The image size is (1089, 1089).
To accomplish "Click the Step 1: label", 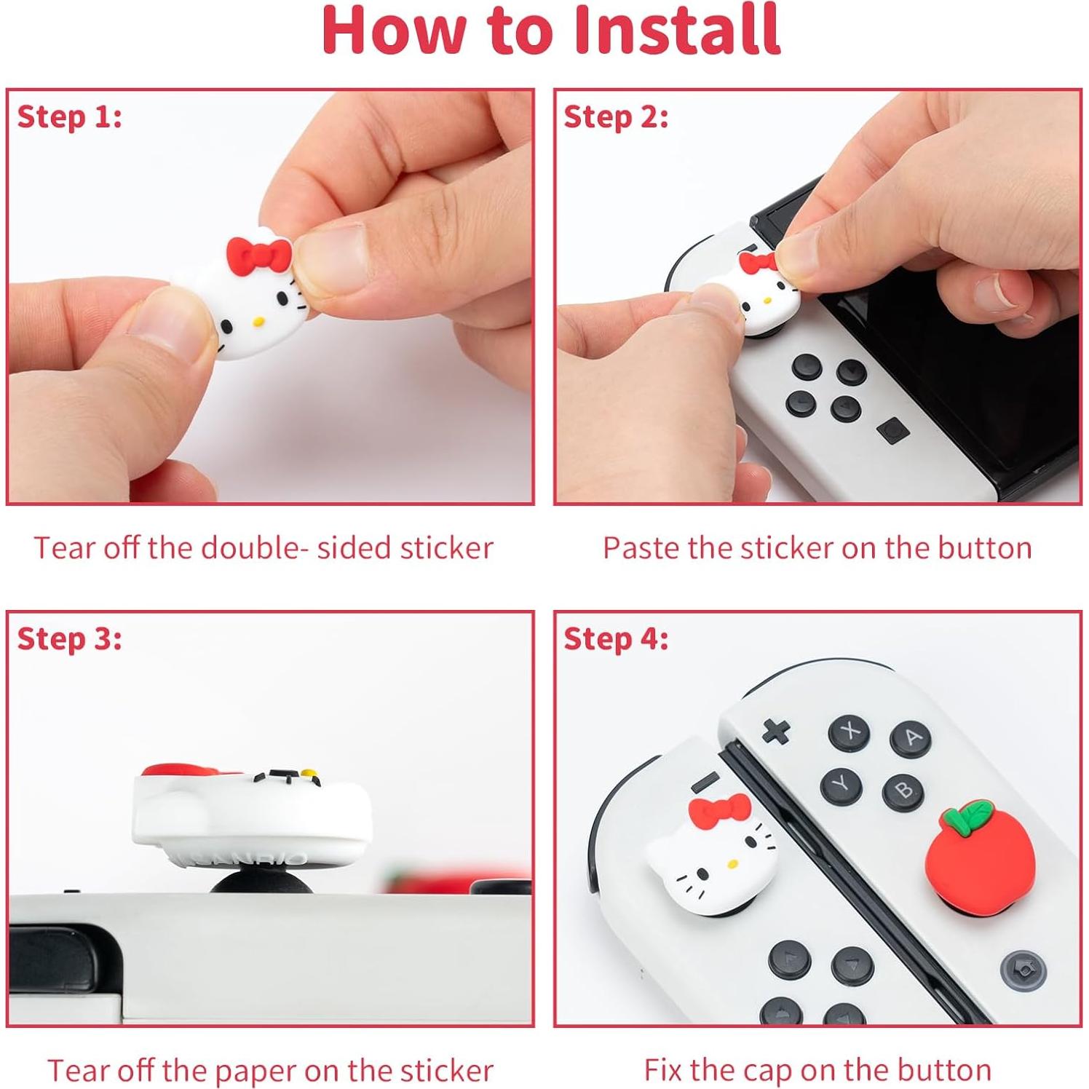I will click(x=70, y=117).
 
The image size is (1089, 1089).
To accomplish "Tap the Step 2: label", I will click(x=616, y=117).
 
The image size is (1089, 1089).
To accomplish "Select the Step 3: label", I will click(x=70, y=639).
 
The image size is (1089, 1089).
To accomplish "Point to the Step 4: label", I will click(x=616, y=639).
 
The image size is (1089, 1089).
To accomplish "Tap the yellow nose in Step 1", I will click(x=257, y=320).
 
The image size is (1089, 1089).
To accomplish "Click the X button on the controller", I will click(x=849, y=731).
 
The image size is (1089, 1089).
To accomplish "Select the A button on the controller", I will click(x=911, y=738).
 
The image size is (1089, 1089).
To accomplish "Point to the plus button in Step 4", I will click(x=776, y=731).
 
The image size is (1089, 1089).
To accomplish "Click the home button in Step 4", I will click(x=1023, y=971).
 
